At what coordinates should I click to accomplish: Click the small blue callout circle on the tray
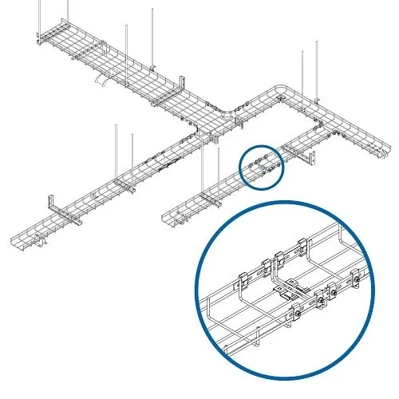point(263,166)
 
